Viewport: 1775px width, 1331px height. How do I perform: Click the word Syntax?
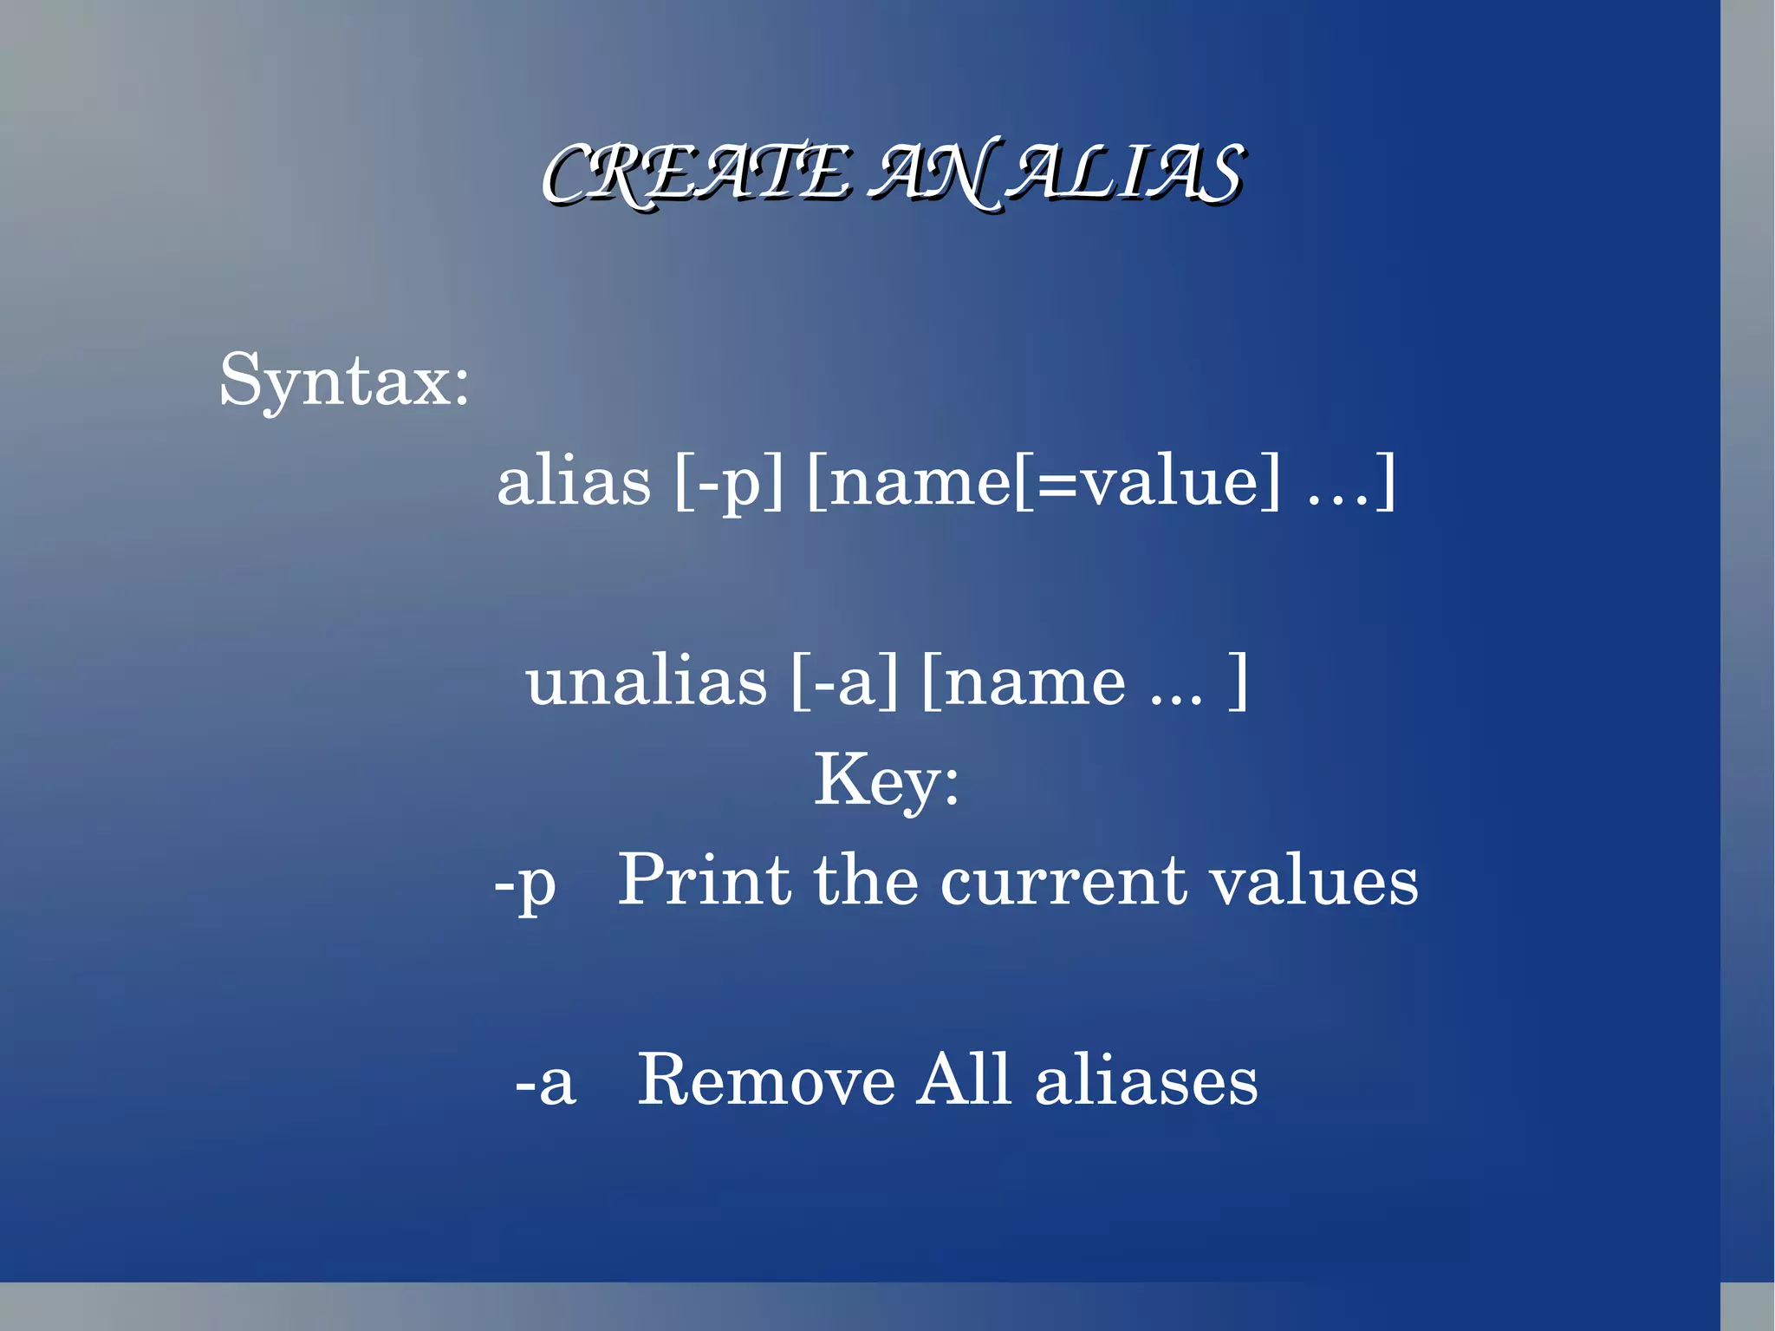pos(344,382)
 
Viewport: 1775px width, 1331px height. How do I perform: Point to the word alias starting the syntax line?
pos(574,481)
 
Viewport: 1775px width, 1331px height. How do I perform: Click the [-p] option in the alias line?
pos(728,481)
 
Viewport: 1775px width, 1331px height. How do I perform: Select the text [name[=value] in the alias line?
pos(1043,481)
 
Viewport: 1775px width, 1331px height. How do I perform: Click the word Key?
pos(887,780)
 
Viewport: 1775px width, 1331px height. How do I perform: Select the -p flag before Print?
pos(525,883)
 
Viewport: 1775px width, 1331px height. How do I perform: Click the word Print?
pos(704,880)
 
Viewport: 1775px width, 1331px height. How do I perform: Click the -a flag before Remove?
pos(545,1082)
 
